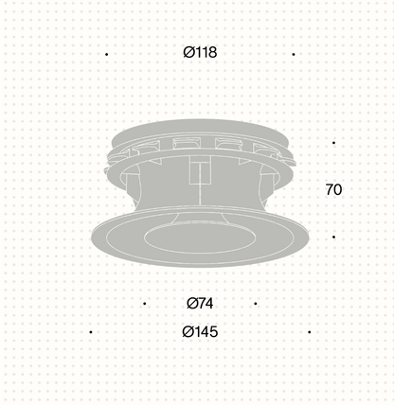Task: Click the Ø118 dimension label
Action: (200, 52)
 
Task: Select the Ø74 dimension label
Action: (200, 304)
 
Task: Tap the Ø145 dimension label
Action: (200, 332)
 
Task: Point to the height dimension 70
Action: (333, 189)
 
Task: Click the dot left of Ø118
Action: (107, 55)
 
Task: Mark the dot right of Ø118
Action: (294, 55)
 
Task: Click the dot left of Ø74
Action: (145, 304)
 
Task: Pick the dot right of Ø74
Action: (256, 304)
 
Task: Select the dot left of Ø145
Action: (91, 332)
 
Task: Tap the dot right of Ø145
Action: (310, 332)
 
